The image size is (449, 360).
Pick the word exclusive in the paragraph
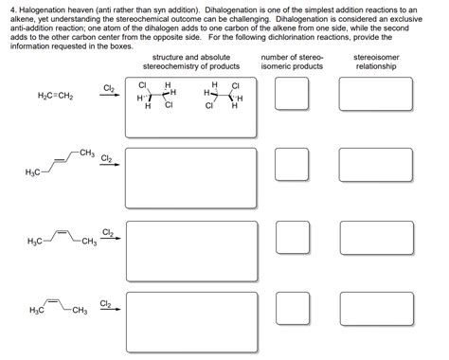click(x=422, y=17)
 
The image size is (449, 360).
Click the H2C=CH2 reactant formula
click(x=55, y=98)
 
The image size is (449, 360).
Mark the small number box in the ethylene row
click(x=292, y=97)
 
